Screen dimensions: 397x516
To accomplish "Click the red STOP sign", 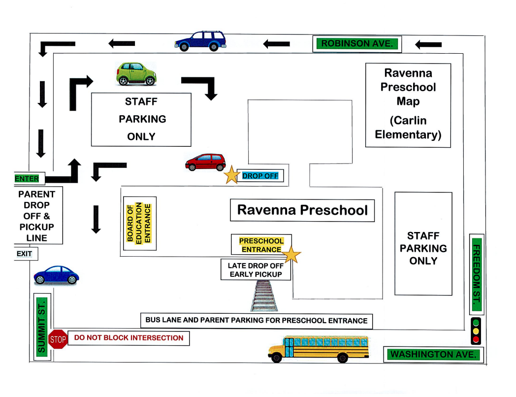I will pyautogui.click(x=58, y=339).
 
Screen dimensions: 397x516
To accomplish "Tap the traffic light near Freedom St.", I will pyautogui.click(x=476, y=331).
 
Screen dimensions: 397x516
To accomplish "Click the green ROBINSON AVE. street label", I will pyautogui.click(x=357, y=44).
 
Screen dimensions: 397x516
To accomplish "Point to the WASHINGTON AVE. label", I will pyautogui.click(x=433, y=354).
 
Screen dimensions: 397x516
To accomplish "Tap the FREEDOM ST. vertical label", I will pyautogui.click(x=476, y=274).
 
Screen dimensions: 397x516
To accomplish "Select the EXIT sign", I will pyautogui.click(x=25, y=254).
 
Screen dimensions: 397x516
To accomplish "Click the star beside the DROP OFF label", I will pyautogui.click(x=231, y=175).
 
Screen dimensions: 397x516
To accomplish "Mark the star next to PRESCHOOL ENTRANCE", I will pyautogui.click(x=291, y=255).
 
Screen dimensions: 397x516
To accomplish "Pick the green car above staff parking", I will pyautogui.click(x=136, y=74).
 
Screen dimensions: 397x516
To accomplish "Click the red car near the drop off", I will pyautogui.click(x=205, y=162).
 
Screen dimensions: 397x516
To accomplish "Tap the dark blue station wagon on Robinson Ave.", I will pyautogui.click(x=200, y=41).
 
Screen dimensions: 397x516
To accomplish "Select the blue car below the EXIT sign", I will pyautogui.click(x=56, y=275).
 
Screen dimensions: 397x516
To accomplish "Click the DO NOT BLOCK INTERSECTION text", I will pyautogui.click(x=129, y=338).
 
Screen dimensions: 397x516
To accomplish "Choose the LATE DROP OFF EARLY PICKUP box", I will pyautogui.click(x=255, y=270).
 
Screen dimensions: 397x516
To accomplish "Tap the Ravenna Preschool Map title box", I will pyautogui.click(x=408, y=104).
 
